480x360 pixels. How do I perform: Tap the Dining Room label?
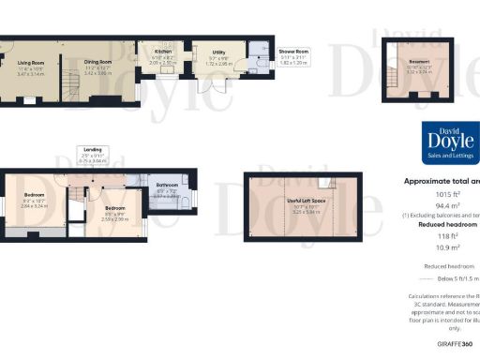(x=98, y=61)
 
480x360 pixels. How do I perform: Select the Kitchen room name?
(x=163, y=52)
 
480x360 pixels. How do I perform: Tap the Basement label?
(x=418, y=62)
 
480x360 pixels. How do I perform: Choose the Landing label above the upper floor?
(x=92, y=150)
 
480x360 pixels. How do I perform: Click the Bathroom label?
(x=168, y=186)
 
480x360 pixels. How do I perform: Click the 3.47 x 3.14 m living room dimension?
(x=32, y=72)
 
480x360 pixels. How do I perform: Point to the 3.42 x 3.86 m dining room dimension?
(x=98, y=72)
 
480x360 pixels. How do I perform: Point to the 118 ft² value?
(x=438, y=236)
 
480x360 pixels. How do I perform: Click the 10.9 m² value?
(x=438, y=247)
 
